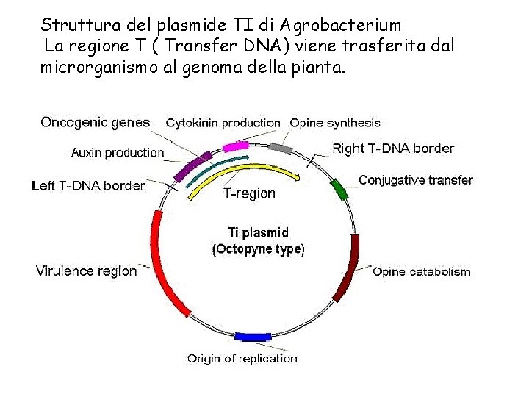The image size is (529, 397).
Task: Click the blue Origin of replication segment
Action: point(253,337)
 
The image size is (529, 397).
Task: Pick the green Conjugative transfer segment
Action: point(339,189)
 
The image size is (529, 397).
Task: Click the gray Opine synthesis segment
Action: point(280,148)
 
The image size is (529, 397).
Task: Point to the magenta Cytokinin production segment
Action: point(236,146)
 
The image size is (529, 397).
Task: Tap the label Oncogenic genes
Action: point(96,123)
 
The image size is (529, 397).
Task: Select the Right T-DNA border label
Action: point(393,149)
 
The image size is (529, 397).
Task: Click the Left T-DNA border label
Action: point(88,186)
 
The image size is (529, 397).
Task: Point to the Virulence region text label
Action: point(86,271)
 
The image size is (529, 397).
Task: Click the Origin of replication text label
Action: point(242,359)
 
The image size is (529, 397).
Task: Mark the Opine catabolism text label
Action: point(422,272)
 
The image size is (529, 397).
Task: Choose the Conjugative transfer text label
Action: point(416,180)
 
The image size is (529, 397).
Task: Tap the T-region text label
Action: point(249,194)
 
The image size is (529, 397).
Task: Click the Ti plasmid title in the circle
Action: point(258,234)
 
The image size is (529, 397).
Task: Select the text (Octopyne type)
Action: point(258,249)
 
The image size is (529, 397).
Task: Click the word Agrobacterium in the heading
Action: point(338,26)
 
